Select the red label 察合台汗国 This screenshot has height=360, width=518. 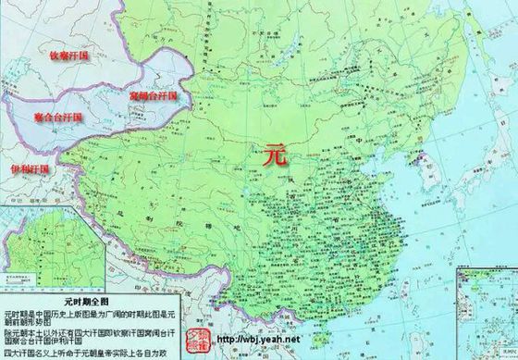coord(57,118)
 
